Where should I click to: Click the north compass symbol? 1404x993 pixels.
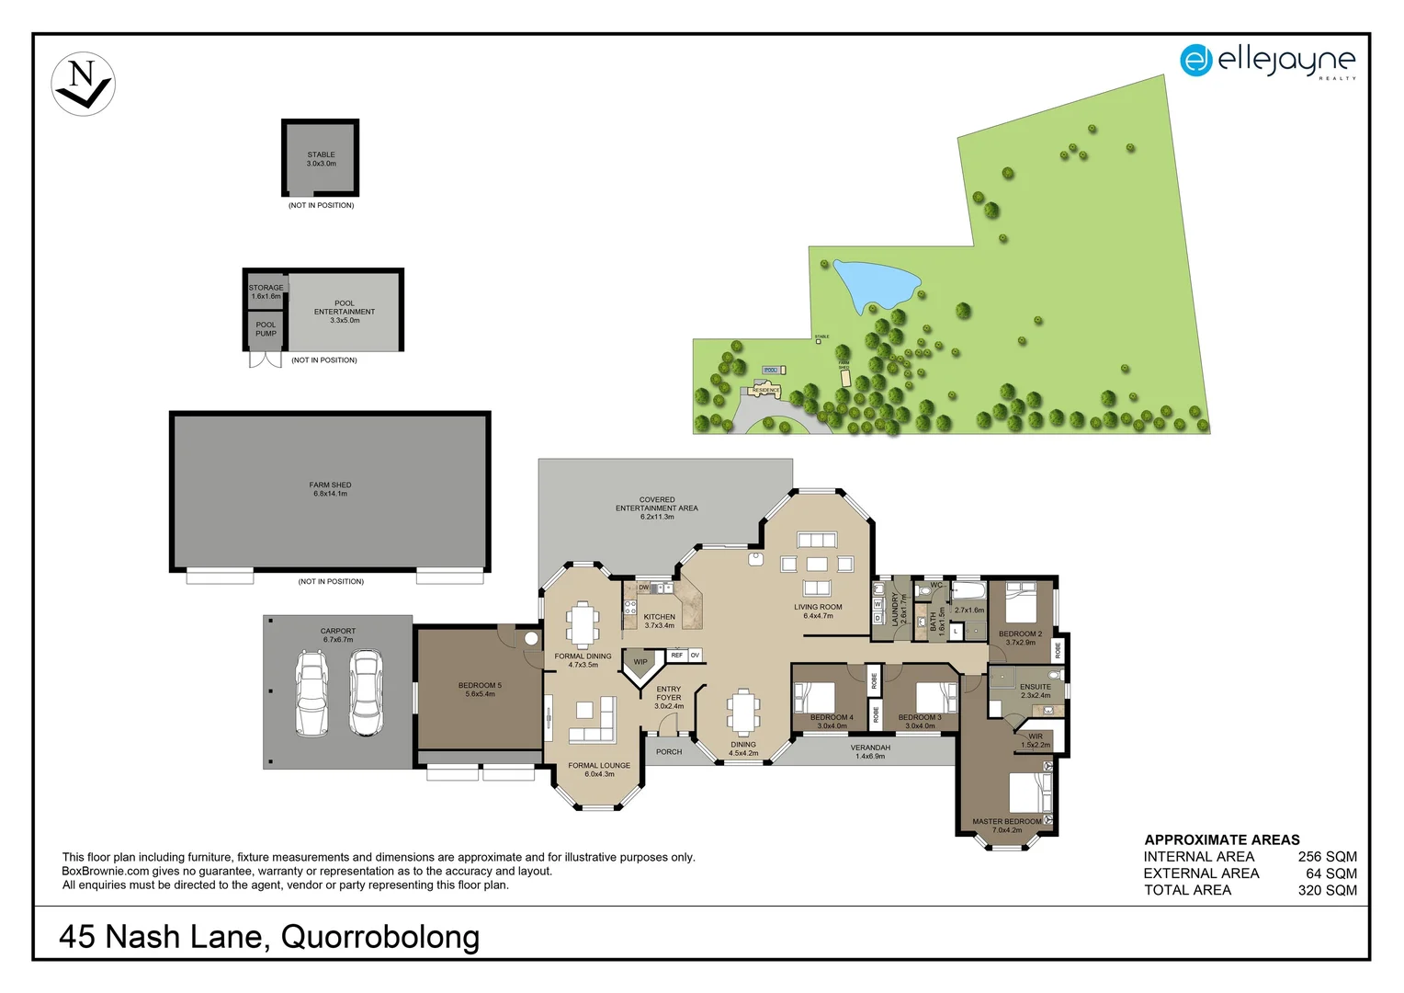tap(84, 84)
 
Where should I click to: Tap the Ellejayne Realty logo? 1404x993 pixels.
tap(1267, 62)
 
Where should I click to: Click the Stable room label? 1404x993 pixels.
tap(321, 159)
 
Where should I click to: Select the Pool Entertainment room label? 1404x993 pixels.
tap(345, 312)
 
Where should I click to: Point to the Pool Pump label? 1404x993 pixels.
tap(266, 329)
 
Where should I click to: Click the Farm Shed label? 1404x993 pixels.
tap(330, 489)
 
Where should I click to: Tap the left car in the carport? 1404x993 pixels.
tap(311, 693)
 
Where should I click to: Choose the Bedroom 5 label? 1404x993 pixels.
tap(480, 690)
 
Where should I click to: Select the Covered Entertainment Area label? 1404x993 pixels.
tap(656, 508)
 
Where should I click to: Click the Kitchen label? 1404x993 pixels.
tap(659, 621)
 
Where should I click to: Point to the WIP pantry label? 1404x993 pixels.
tap(640, 662)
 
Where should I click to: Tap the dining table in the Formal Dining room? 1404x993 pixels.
tap(583, 624)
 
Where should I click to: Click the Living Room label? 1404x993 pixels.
tap(818, 611)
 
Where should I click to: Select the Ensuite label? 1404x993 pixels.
tap(1036, 691)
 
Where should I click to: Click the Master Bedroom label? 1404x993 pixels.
tap(1007, 826)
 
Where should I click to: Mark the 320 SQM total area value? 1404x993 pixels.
tap(1327, 890)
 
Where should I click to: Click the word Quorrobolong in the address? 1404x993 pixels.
tap(380, 937)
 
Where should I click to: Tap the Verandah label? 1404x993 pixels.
tap(870, 751)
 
